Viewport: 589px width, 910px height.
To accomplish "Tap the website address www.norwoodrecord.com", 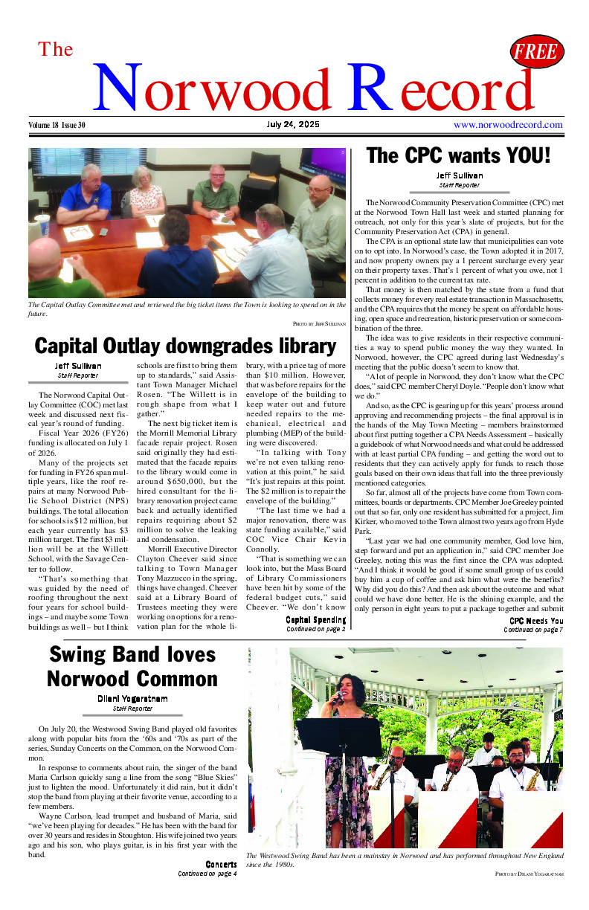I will pos(508,125).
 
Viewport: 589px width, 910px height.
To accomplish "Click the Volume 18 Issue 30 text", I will pos(58,125).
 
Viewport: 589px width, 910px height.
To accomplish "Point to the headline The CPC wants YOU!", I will pos(458,156).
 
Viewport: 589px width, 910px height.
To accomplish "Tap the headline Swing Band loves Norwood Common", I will pos(132,666).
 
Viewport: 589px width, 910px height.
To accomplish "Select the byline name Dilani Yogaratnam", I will pos(132,698).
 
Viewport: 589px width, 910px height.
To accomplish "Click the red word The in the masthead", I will pos(56,50).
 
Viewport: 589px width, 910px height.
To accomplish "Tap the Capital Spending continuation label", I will pos(315,619).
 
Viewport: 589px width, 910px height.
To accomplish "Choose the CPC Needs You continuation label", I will pos(535,621).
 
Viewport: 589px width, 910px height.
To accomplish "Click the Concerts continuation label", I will pos(221,864).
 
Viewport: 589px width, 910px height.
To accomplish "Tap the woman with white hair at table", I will pos(146,190).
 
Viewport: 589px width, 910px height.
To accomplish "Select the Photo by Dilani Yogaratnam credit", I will pos(529,874).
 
